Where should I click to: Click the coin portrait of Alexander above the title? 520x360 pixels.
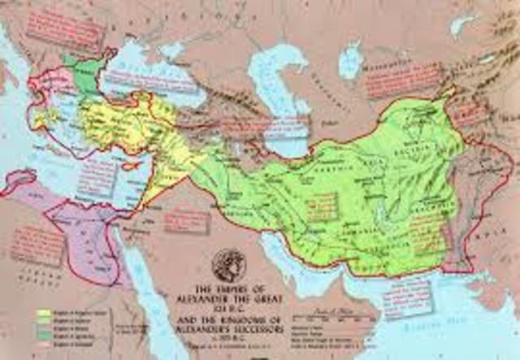[x=227, y=265]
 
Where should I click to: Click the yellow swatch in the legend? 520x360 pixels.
[x=41, y=311]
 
